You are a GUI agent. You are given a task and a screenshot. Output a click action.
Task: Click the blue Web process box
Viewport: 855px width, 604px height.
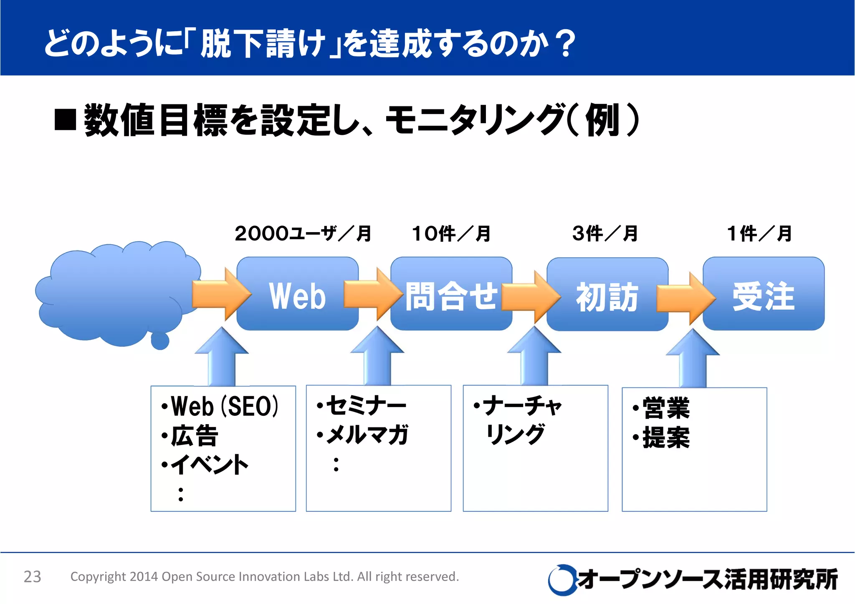[297, 294]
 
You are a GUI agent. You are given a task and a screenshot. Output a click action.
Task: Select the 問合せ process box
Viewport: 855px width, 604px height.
[451, 294]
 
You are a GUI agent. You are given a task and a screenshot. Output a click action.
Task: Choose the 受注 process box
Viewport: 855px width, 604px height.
[764, 294]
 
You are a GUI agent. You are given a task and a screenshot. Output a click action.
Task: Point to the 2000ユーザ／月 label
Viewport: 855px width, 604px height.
[303, 234]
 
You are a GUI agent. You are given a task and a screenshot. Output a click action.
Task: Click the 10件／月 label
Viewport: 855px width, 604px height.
[451, 234]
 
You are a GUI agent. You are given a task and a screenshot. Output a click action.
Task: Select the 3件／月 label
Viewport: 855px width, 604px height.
[605, 234]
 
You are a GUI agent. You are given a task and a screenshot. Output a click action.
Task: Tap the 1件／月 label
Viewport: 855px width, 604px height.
[759, 234]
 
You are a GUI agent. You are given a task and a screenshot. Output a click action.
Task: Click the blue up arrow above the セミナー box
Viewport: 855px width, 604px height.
[377, 357]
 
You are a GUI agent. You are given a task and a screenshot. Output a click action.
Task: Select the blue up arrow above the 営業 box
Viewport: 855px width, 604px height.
[693, 359]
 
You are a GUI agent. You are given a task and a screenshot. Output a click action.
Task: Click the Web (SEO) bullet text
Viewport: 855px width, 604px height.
[225, 406]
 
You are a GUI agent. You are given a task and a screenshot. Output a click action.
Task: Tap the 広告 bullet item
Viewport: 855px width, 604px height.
[195, 436]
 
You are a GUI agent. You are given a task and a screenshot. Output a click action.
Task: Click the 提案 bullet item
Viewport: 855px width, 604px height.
[666, 437]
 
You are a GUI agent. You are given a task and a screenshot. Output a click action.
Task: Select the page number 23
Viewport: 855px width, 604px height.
[32, 576]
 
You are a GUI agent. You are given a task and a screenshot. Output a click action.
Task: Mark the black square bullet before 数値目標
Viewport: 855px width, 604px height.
[65, 120]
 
